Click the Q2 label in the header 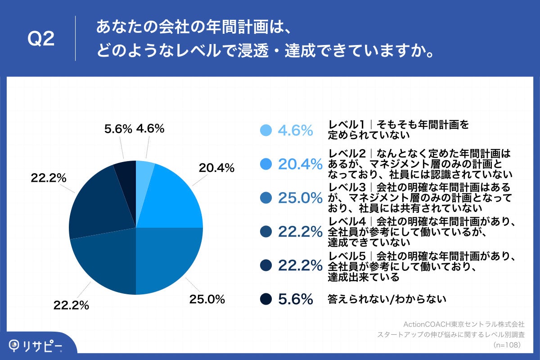[41, 39]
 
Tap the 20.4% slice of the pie [173, 200]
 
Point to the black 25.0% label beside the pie [207, 299]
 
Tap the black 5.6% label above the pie [118, 129]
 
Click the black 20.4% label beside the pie [216, 168]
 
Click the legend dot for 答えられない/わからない [266, 299]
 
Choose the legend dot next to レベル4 [266, 231]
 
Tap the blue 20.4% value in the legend [300, 164]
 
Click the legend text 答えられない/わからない [387, 299]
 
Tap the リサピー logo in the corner [36, 345]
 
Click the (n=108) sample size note [507, 345]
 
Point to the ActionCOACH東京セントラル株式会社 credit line [463, 324]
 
